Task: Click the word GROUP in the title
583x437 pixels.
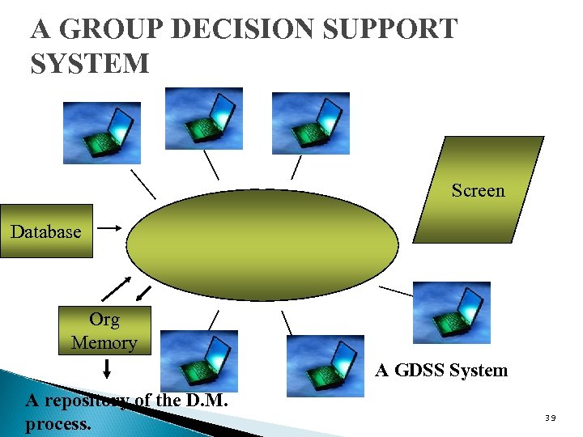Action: click(x=112, y=29)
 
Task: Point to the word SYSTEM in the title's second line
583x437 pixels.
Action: click(x=90, y=63)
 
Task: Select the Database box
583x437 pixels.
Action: click(x=46, y=231)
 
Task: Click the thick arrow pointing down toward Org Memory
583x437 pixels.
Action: click(x=143, y=291)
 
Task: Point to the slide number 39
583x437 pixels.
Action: click(x=550, y=418)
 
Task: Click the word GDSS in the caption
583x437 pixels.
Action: click(x=419, y=371)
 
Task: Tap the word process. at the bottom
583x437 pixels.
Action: click(x=58, y=423)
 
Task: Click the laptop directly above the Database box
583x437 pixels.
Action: click(x=102, y=133)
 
